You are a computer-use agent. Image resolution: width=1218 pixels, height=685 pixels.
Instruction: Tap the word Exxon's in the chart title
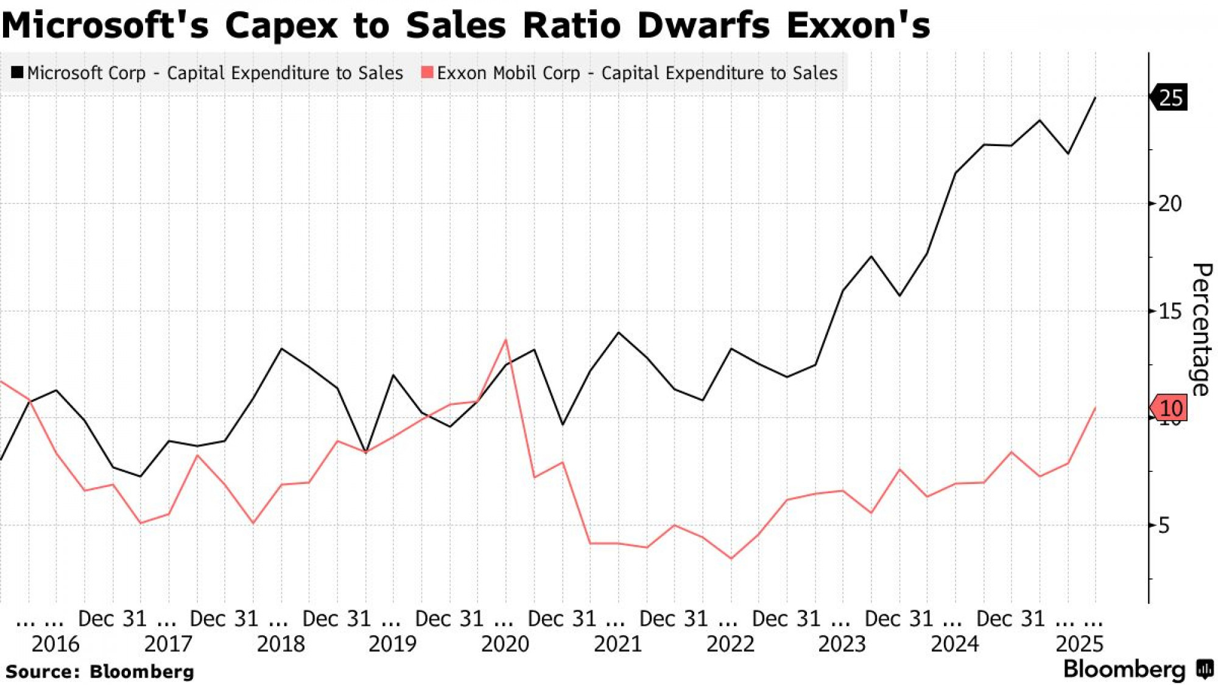(858, 26)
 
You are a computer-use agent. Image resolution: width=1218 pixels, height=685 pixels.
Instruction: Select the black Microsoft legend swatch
(17, 72)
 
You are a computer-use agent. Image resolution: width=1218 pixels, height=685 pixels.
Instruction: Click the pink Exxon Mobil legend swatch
(427, 72)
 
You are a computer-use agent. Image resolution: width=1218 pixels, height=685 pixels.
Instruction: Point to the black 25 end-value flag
(1169, 97)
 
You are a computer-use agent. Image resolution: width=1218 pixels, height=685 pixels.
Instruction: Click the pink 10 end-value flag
(1169, 408)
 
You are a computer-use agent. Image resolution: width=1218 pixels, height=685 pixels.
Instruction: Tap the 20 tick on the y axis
(1169, 203)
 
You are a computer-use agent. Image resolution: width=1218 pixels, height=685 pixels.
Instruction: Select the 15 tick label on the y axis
(1169, 311)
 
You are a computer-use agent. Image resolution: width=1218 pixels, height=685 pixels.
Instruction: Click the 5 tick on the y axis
(1163, 525)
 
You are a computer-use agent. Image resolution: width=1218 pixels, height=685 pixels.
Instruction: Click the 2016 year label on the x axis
(55, 644)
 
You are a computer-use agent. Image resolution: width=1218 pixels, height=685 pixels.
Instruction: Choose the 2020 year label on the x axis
(505, 644)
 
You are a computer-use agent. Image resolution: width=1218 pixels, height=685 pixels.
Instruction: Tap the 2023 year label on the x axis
(842, 644)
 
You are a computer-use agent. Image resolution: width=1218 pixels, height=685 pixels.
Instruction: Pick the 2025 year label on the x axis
(1079, 644)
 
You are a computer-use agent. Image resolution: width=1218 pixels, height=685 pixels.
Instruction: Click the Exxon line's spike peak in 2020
(506, 340)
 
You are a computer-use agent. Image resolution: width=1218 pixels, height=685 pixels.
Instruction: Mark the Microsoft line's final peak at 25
(1096, 97)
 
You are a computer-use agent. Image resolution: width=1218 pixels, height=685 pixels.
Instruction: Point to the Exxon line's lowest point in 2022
(731, 558)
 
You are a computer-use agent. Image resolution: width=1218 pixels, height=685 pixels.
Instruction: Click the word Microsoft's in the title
(105, 26)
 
